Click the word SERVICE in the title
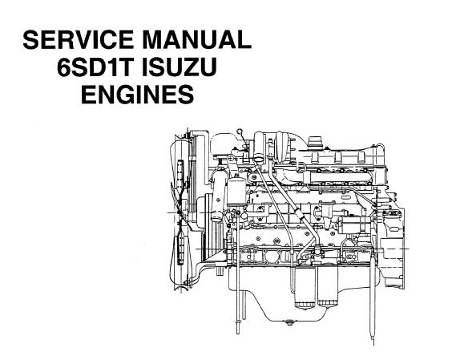pyautogui.click(x=78, y=39)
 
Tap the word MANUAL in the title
pyautogui.click(x=196, y=39)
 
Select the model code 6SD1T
pyautogui.click(x=96, y=67)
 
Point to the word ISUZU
pyautogui.click(x=180, y=67)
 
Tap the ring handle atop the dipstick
pyautogui.click(x=240, y=131)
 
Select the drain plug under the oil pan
pyautogui.click(x=289, y=321)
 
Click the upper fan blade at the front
pyautogui.click(x=181, y=176)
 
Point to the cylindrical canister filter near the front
pyautogui.click(x=236, y=192)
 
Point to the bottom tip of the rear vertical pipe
pyautogui.click(x=374, y=345)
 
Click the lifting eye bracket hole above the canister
pyautogui.click(x=230, y=159)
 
